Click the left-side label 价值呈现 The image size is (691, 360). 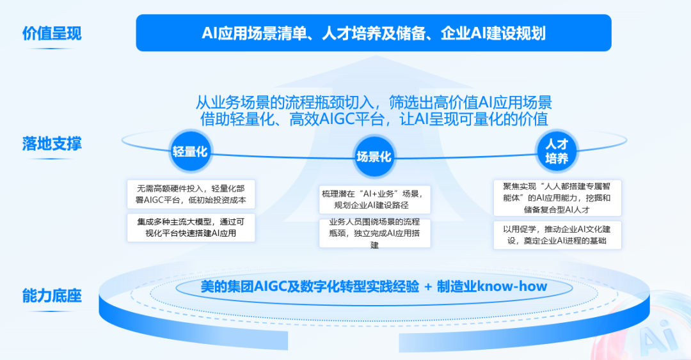pos(52,33)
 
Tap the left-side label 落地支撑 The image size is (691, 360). pos(52,144)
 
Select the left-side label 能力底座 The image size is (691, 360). pos(52,295)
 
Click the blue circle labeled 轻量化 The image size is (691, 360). pos(190,152)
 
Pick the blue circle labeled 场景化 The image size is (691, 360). pos(374,157)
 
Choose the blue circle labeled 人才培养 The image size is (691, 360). pos(557,151)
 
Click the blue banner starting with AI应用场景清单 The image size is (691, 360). pos(374,33)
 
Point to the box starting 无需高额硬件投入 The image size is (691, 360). pos(191,194)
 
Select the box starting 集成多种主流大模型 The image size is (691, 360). pos(191,228)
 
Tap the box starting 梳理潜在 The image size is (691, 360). pos(374,199)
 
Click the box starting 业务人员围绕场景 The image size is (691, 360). pos(374,233)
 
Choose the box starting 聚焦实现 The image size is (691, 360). pos(557,198)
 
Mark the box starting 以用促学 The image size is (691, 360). pos(557,235)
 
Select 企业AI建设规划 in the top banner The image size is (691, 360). pos(493,33)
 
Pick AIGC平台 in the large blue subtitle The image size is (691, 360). pos(352,119)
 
